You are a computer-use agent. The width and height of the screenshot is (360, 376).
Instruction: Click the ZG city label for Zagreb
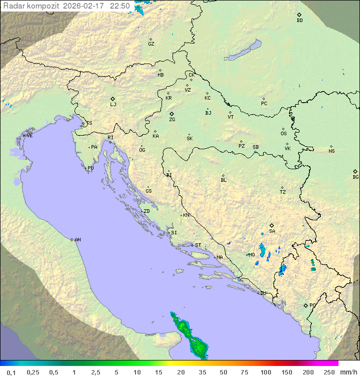[172, 120]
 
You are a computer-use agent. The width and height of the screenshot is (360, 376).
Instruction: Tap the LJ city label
[113, 105]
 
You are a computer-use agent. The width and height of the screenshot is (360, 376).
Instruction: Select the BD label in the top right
[299, 21]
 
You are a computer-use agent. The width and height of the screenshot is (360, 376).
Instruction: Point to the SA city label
[272, 231]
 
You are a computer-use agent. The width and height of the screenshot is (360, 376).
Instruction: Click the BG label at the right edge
[355, 177]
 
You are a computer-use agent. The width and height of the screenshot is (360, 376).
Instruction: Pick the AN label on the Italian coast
[77, 240]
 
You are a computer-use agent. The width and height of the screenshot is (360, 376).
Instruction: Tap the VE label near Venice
[29, 136]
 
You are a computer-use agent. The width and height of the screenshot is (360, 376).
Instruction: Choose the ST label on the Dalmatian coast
[198, 245]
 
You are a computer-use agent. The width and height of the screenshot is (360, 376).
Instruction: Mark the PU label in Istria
[90, 168]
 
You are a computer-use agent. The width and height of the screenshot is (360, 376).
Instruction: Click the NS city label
[331, 151]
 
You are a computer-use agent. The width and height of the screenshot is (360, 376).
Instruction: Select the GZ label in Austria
[151, 44]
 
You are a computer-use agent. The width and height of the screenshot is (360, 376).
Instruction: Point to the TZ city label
[283, 192]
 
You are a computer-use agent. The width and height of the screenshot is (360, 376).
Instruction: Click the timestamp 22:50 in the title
[120, 6]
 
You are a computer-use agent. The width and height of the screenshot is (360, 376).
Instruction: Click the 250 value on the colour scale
[329, 372]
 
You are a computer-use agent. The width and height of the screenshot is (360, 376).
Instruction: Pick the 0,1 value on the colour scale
[11, 372]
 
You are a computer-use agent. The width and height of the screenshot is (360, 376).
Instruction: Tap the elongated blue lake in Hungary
[242, 51]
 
